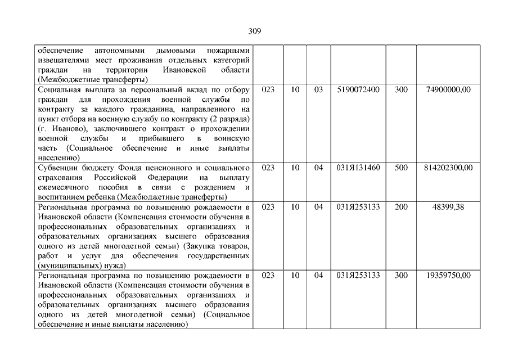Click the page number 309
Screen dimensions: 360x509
(x=254, y=31)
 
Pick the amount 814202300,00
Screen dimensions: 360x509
(x=447, y=168)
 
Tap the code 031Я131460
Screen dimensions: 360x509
(x=358, y=168)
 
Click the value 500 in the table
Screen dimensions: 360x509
(x=402, y=168)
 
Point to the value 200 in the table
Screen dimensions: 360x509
(x=402, y=207)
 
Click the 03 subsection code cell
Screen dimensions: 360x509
(x=319, y=89)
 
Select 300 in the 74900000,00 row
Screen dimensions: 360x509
(x=402, y=89)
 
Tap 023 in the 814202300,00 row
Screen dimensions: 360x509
(x=268, y=168)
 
